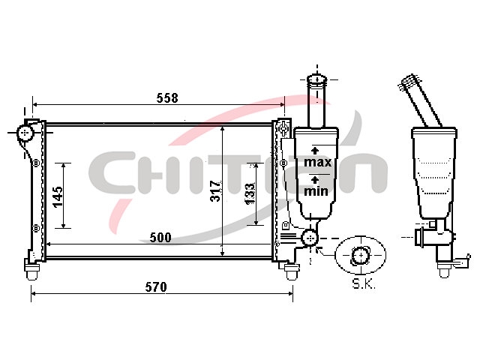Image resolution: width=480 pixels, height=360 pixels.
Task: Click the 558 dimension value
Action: pos(167,98)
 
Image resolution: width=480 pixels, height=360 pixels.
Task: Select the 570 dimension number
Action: pos(156,286)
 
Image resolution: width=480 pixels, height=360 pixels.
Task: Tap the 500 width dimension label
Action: pos(160,237)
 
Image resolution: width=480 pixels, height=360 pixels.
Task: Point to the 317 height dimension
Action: pos(215,191)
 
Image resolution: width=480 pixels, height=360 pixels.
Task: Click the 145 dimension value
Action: pos(58,197)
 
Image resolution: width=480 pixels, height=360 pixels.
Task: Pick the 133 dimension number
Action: pos(250,193)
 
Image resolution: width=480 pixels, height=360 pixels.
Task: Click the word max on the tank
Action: pos(318,162)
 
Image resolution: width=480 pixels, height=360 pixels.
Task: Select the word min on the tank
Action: pos(316,191)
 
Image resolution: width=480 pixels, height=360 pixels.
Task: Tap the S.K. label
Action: pos(364,283)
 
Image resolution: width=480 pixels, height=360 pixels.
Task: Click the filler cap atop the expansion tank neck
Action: pos(317,79)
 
